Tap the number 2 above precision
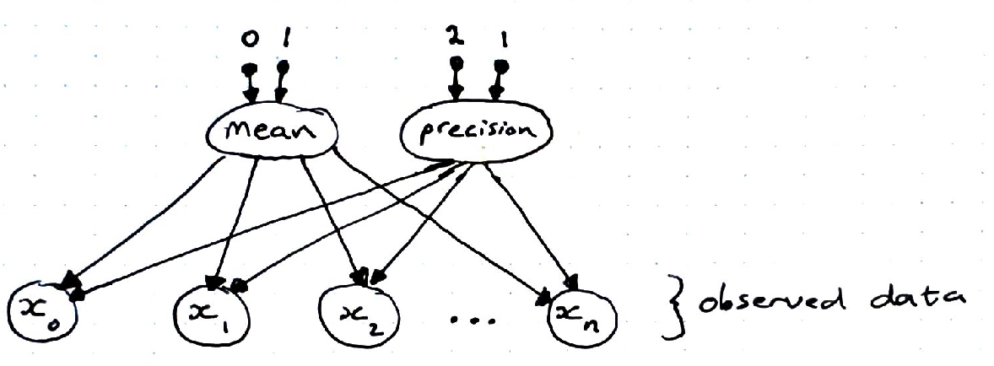[453, 37]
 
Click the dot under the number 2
[456, 63]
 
